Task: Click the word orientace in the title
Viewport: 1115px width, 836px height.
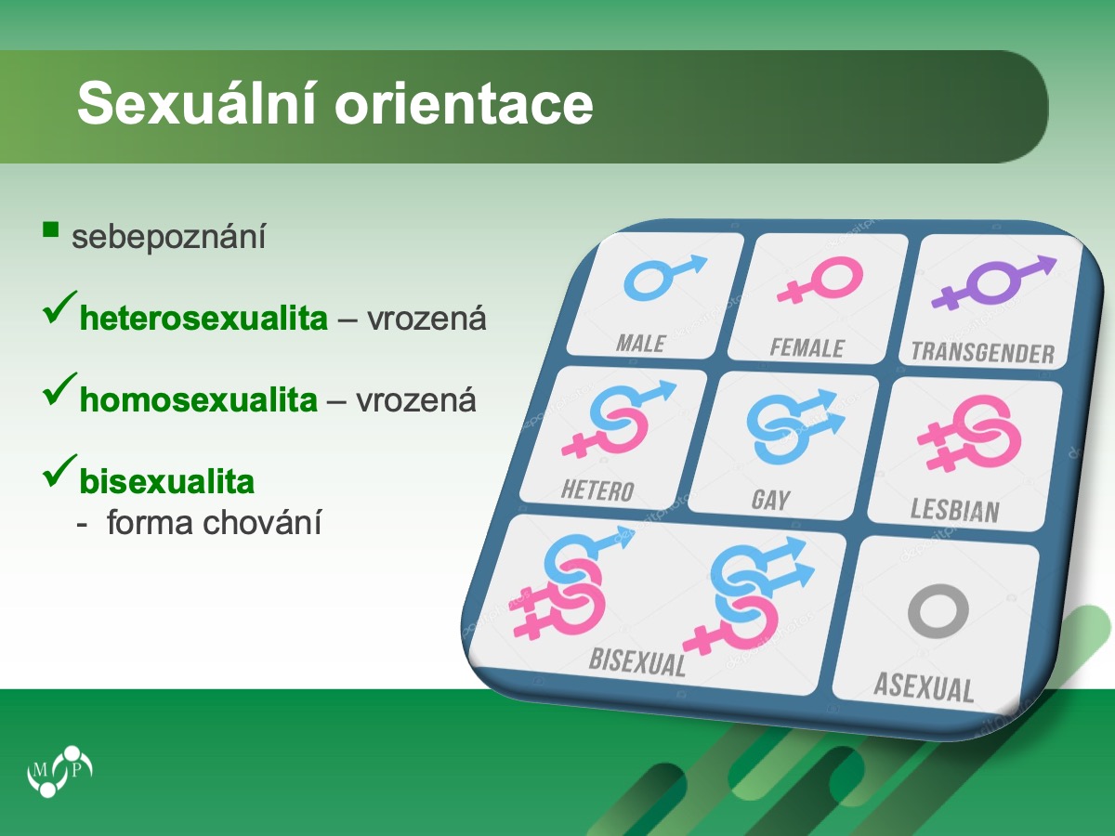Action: [x=464, y=105]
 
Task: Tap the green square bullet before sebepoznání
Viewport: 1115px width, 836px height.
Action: [x=51, y=229]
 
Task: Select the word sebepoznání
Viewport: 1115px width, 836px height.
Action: [x=169, y=238]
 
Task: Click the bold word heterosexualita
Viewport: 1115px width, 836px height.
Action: [x=203, y=319]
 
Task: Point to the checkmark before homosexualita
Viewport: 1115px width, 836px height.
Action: [x=60, y=389]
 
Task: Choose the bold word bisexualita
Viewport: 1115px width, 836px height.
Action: [x=167, y=481]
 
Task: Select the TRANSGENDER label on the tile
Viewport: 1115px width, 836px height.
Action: [x=983, y=353]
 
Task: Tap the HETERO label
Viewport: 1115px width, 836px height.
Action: [x=597, y=490]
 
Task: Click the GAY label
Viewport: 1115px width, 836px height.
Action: [x=770, y=500]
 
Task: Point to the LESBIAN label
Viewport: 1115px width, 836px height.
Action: [x=955, y=510]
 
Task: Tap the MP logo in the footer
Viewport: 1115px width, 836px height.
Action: [x=59, y=771]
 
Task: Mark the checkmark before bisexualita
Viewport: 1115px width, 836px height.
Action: [x=60, y=471]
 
